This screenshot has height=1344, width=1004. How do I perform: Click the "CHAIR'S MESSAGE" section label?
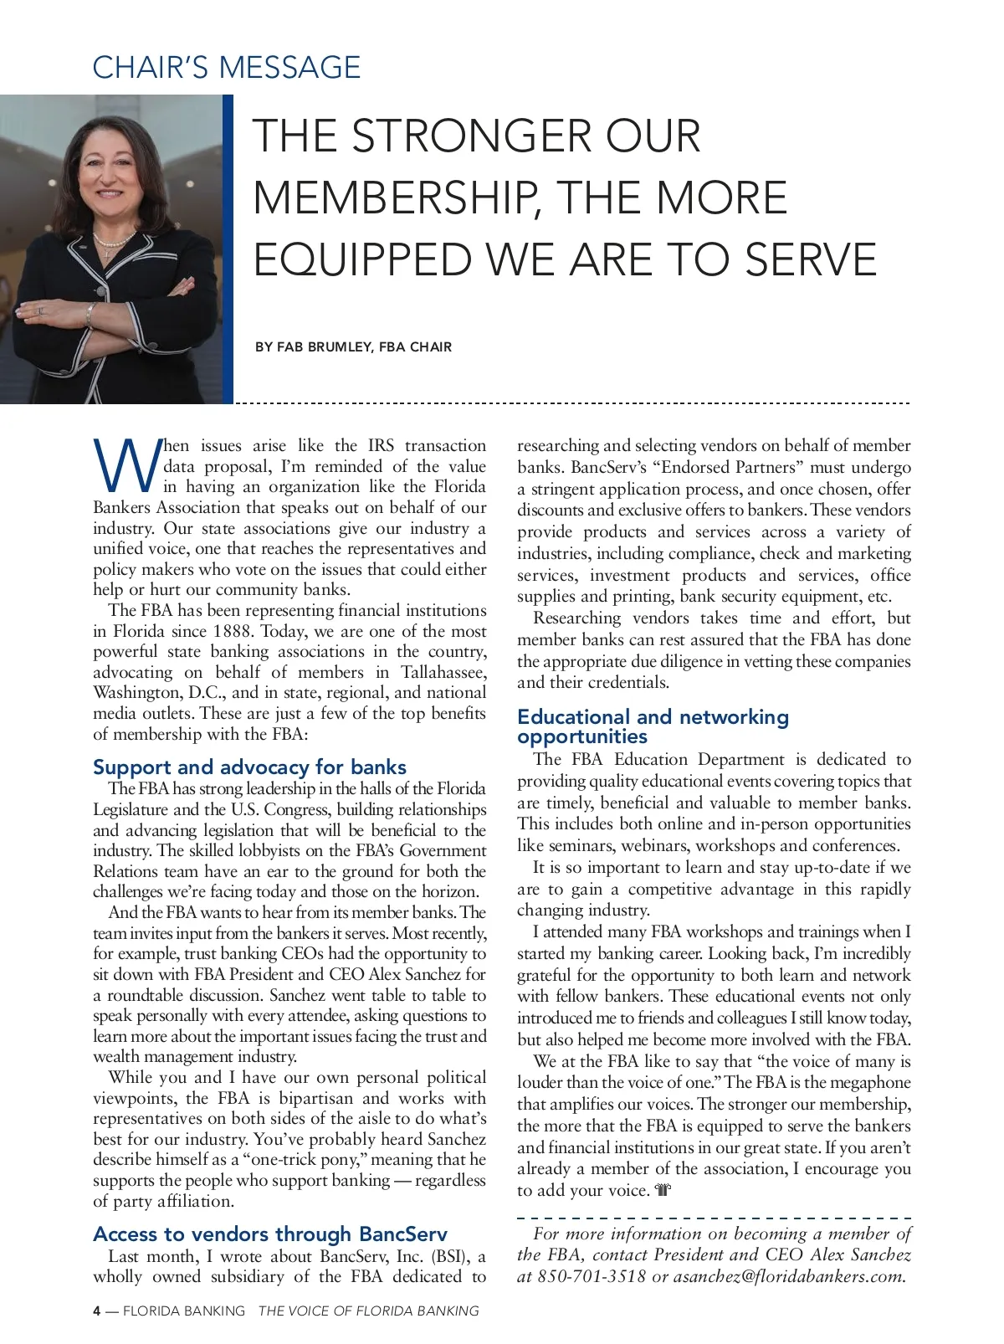tap(226, 67)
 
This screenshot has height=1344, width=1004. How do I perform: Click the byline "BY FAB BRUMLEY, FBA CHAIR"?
tap(353, 346)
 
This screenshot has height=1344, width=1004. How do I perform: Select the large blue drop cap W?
tap(126, 466)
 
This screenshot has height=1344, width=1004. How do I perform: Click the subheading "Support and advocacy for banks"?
tap(249, 767)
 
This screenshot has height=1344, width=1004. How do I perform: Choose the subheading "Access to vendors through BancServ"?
tap(269, 1234)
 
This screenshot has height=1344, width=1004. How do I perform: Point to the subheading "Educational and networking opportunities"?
tap(653, 726)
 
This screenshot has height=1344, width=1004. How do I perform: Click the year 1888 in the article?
tap(232, 631)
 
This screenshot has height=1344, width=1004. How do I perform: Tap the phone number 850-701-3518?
tap(592, 1276)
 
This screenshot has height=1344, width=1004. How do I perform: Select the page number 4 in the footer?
tap(97, 1311)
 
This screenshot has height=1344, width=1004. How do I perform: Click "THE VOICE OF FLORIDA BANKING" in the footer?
tap(368, 1311)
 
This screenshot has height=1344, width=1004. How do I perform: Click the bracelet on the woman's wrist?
tap(89, 314)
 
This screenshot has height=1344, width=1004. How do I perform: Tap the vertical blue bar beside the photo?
tap(228, 249)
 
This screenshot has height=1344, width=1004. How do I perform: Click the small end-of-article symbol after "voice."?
tap(663, 1190)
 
